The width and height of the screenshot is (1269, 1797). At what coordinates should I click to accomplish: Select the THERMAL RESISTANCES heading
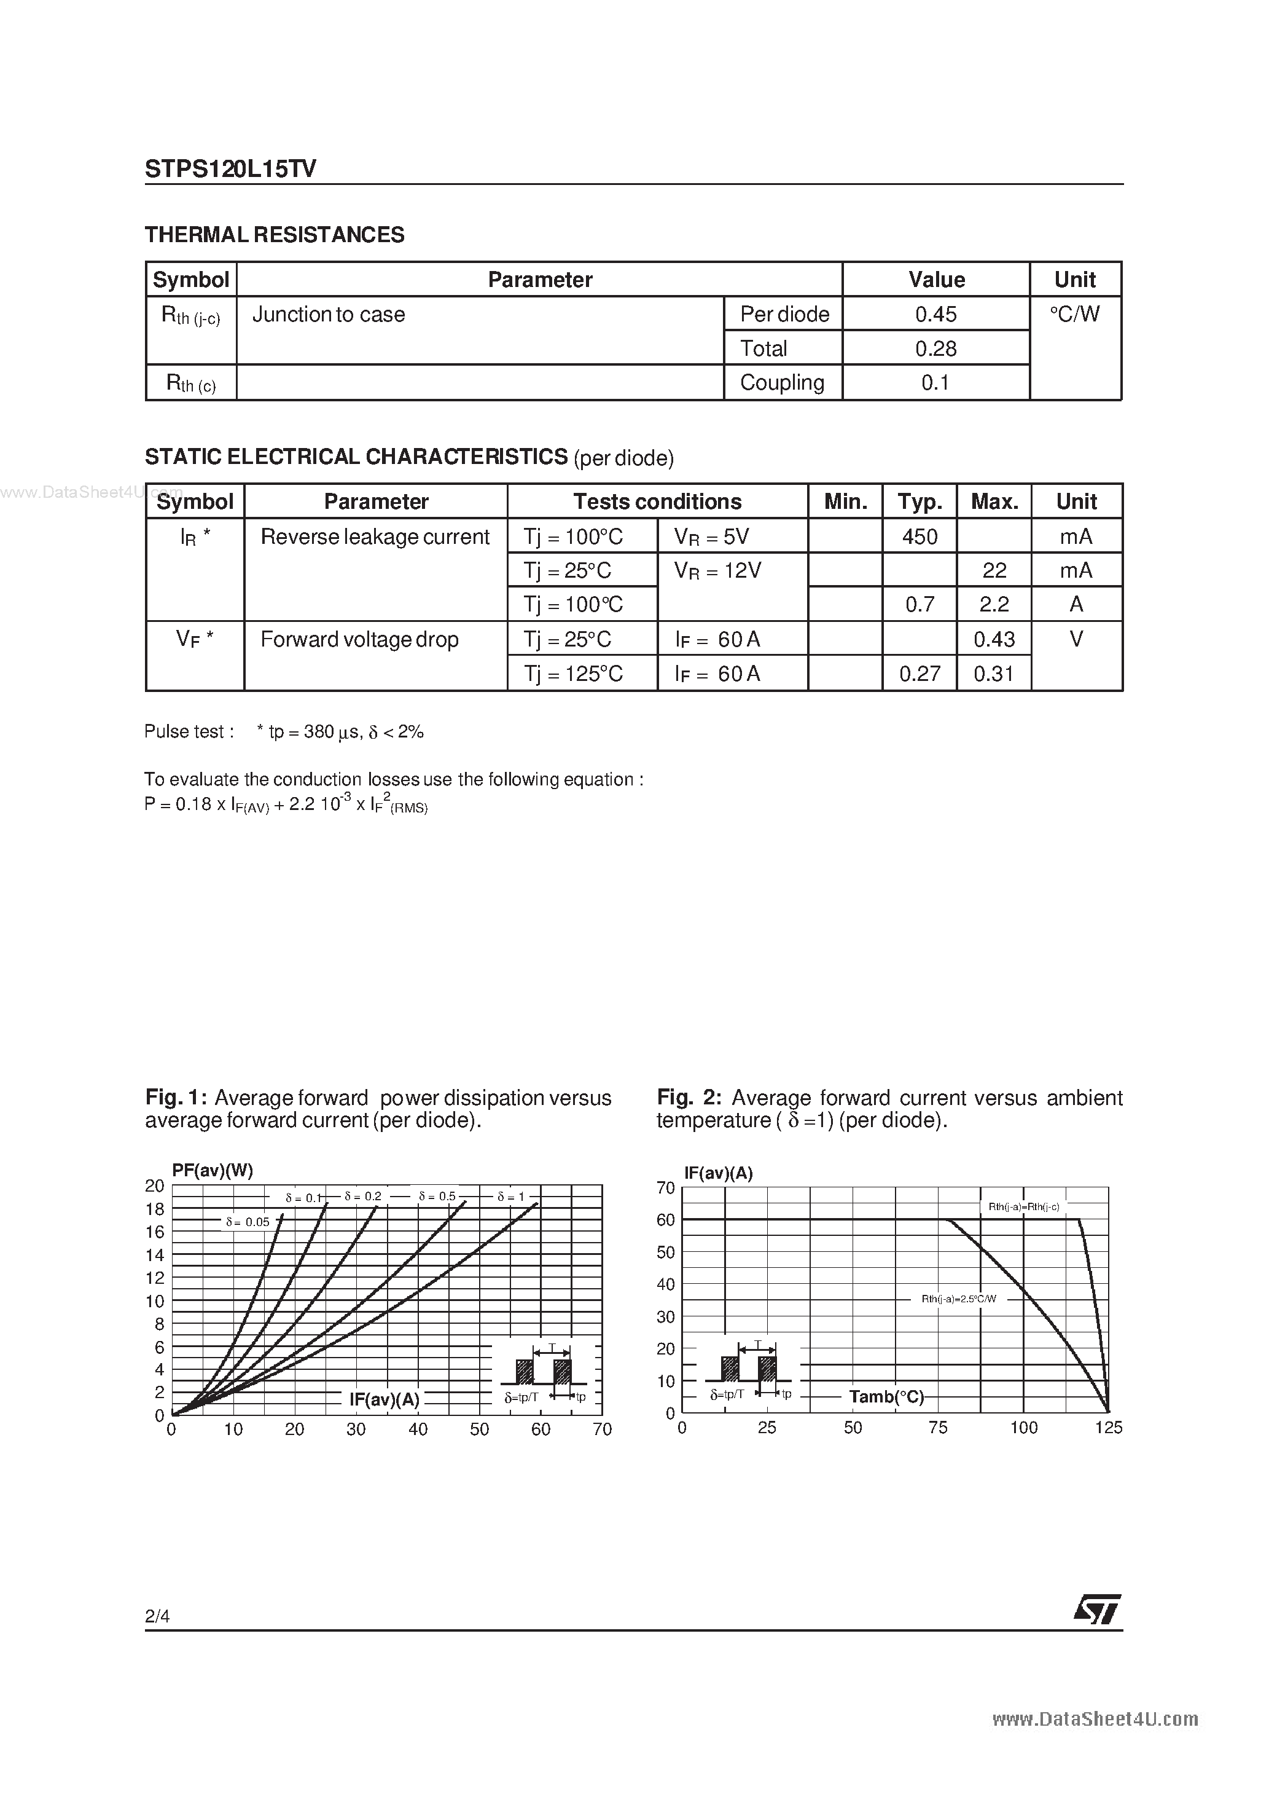tap(275, 235)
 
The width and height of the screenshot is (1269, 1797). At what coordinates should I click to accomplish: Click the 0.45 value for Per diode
tap(935, 314)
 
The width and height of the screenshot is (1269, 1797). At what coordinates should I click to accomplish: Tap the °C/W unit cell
tap(1074, 314)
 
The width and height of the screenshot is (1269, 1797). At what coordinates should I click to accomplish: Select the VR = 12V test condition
tap(717, 570)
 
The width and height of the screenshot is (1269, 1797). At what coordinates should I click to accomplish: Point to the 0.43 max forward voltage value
tap(994, 639)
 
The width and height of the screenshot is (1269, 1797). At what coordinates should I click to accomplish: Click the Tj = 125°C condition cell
tap(574, 674)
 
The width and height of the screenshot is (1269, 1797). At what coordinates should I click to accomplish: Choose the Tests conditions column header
tap(657, 501)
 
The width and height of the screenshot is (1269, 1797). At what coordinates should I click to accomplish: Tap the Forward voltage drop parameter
tap(359, 639)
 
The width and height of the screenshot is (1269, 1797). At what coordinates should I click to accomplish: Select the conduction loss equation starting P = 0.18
tap(286, 804)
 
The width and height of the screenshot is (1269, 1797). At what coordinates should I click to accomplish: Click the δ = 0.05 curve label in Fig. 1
tap(248, 1222)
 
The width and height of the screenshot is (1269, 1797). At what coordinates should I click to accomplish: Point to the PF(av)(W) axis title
tap(212, 1171)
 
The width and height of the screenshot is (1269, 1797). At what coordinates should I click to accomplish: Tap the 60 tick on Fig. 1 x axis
tap(541, 1429)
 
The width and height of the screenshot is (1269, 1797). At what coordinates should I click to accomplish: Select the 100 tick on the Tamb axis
tap(1023, 1428)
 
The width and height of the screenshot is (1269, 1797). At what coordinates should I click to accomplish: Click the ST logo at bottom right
tap(1097, 1610)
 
